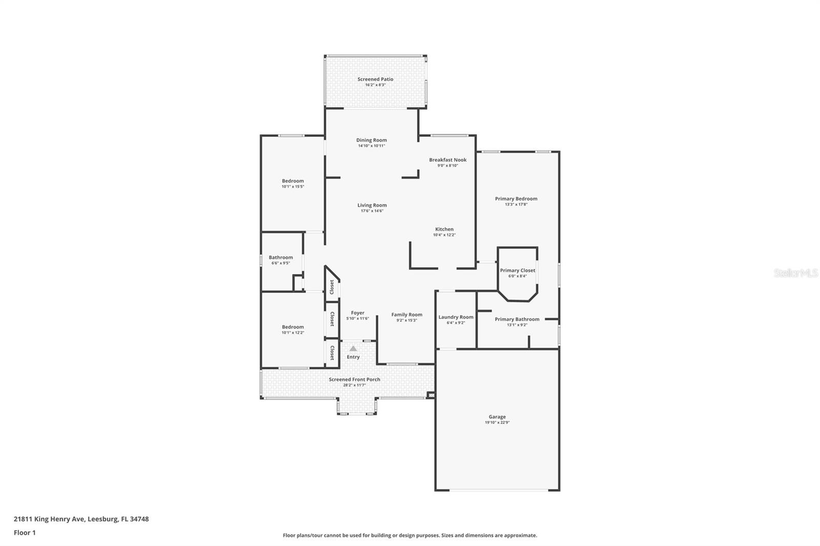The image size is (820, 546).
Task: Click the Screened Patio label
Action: point(375,79)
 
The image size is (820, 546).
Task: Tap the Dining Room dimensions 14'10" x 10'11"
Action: point(372,146)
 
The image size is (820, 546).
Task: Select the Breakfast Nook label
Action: point(447,160)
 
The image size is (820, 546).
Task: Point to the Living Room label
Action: point(372,205)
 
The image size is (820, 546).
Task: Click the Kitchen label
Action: point(444,229)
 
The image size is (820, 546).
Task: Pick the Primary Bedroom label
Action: point(516,199)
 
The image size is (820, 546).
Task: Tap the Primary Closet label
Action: point(518,270)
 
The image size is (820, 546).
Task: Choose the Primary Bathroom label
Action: point(517,319)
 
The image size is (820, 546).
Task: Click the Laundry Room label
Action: point(456,317)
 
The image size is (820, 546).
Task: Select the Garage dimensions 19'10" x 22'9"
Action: point(497,423)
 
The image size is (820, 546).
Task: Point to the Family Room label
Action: point(407,315)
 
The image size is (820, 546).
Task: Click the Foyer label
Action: point(358,313)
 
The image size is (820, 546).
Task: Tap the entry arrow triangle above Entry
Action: point(353,348)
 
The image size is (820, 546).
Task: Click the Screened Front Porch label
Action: point(355,380)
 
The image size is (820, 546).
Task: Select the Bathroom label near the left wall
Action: point(281,258)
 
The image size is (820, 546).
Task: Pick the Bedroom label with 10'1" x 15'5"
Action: point(293,181)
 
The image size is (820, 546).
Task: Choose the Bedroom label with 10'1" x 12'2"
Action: point(293,327)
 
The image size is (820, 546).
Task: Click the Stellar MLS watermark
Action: point(796,273)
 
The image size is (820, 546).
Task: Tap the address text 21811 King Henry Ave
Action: point(49,519)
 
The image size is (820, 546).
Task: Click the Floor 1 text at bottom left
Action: point(25,533)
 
